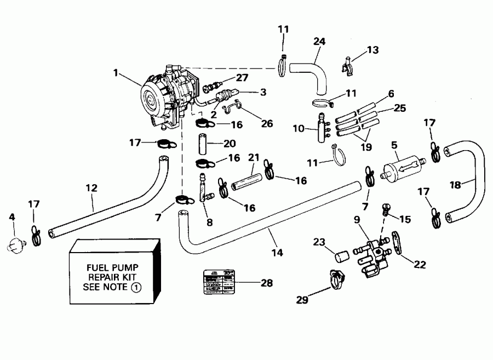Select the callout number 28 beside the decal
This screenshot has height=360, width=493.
tap(267, 283)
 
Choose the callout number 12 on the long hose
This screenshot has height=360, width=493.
tap(91, 188)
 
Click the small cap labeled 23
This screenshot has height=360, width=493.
tap(342, 256)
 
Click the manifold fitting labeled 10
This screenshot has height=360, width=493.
tap(320, 128)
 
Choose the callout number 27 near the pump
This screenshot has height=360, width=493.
tap(242, 78)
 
